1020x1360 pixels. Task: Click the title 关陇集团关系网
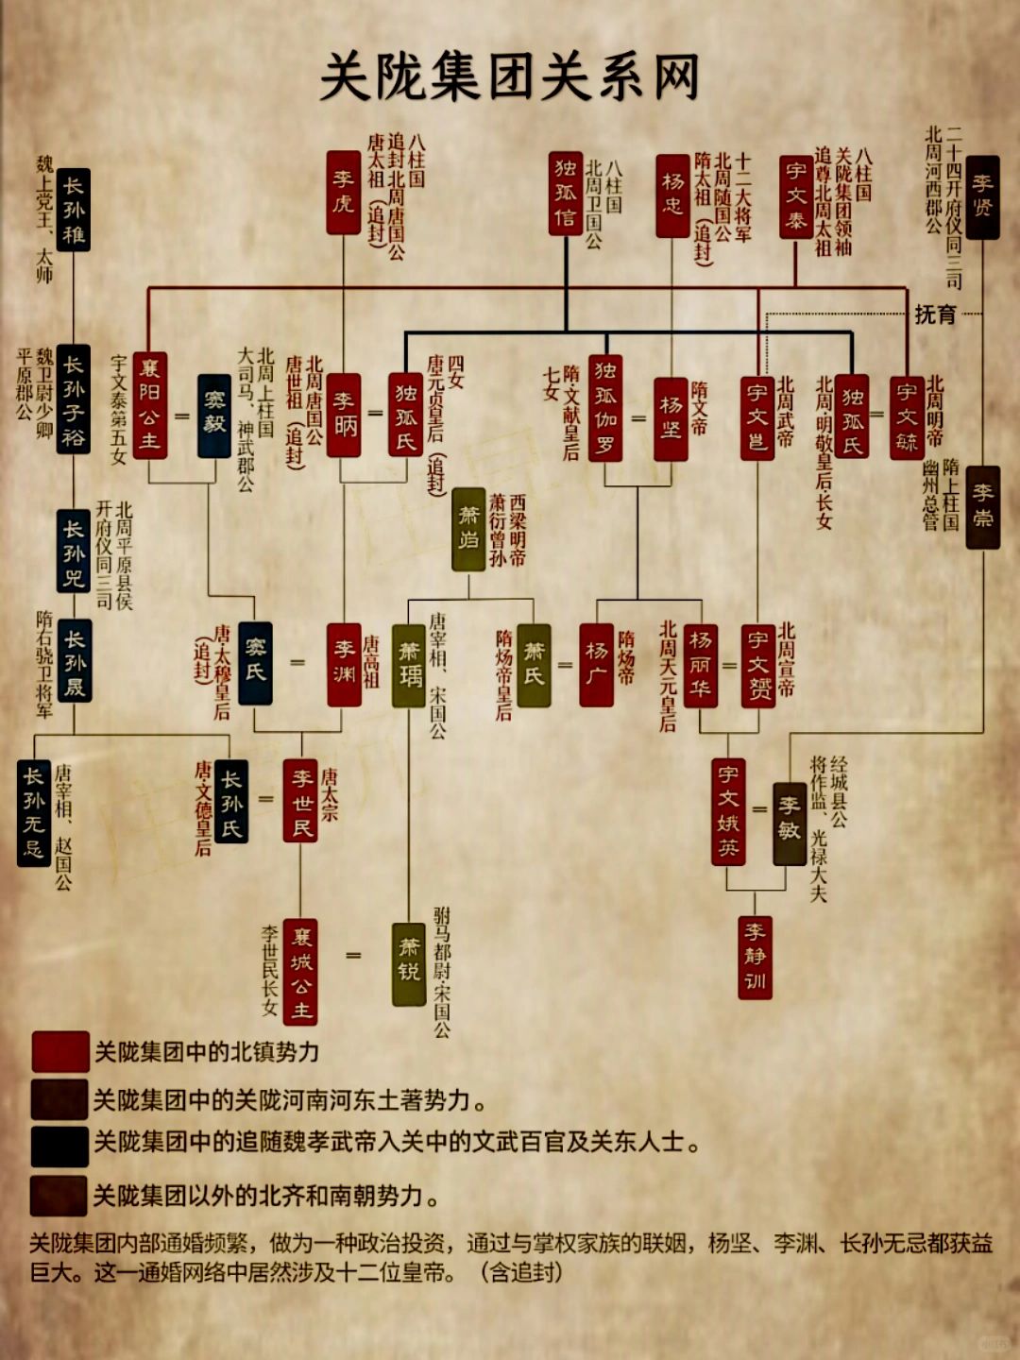click(510, 77)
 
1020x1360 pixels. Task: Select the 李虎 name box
click(343, 192)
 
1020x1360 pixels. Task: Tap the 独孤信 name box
click(566, 193)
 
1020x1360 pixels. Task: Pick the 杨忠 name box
click(672, 195)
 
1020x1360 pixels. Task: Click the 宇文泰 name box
click(796, 196)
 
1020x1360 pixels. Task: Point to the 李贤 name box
click(982, 196)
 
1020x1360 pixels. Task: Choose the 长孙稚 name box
click(73, 210)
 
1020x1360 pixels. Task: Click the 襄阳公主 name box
click(149, 404)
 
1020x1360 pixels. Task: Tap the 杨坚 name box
click(671, 417)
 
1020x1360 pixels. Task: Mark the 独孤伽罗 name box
click(604, 408)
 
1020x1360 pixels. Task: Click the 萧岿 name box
click(468, 529)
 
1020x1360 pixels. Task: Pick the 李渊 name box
click(344, 664)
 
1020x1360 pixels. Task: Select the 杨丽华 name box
click(700, 665)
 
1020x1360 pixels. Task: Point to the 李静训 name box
click(756, 957)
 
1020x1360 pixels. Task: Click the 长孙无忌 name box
click(34, 812)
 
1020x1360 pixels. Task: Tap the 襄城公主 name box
click(300, 972)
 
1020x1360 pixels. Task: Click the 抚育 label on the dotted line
click(934, 314)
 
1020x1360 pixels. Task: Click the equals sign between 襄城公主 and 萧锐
click(353, 956)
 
